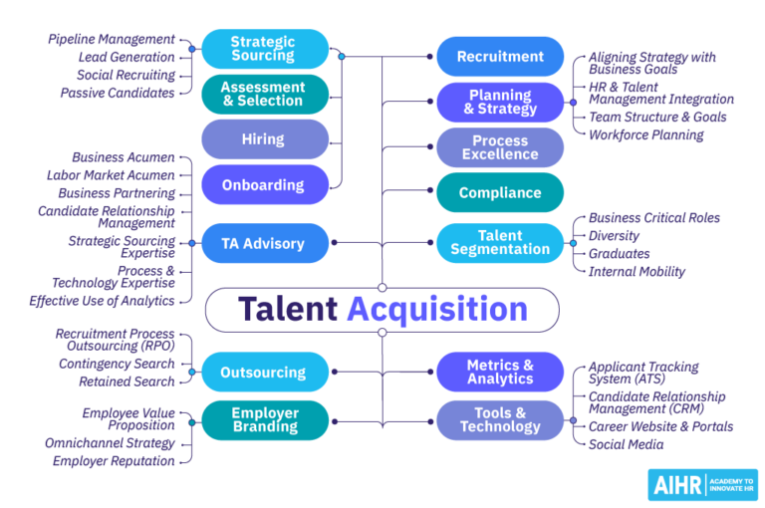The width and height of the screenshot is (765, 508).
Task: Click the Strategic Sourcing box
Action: click(263, 48)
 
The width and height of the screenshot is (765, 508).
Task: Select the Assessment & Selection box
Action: click(263, 95)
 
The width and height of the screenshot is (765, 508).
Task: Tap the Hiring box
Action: click(263, 139)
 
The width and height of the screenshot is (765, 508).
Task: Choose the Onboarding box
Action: click(263, 184)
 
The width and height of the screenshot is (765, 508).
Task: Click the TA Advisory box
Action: click(263, 243)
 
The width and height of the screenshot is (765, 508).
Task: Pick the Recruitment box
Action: click(500, 57)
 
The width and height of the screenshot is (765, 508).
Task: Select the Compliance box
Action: click(500, 192)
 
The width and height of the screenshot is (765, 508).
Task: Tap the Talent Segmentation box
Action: click(500, 243)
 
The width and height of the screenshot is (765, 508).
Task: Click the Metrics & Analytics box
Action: click(500, 372)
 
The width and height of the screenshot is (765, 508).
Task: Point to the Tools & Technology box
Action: click(500, 420)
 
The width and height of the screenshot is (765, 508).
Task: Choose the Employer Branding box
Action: click(265, 420)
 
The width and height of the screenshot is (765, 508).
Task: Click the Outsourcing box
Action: click(263, 372)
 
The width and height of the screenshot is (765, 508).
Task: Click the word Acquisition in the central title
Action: click(437, 310)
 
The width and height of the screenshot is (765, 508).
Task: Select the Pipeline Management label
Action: click(112, 39)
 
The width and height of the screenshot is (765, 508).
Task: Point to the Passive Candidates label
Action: click(117, 93)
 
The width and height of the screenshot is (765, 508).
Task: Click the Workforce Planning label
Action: click(645, 134)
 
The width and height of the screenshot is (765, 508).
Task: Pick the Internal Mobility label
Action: click(637, 271)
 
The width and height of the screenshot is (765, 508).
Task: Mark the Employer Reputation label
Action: click(114, 461)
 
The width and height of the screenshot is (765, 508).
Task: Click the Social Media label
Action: click(626, 444)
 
